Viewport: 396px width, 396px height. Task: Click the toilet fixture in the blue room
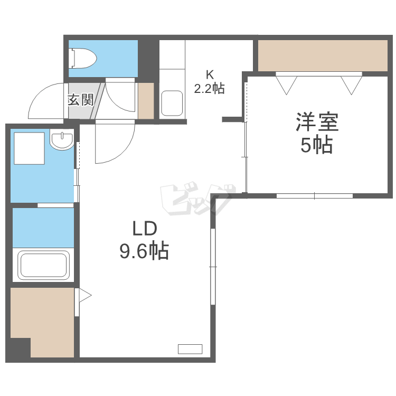83,58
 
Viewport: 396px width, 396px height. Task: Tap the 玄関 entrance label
81,100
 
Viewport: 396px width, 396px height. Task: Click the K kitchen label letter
210,74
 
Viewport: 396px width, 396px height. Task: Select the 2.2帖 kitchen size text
209,88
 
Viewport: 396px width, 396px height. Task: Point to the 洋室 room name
317,122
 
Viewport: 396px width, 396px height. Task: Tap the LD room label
145,228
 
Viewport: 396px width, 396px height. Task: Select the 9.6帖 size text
144,251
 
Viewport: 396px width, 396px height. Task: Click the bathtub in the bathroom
44,265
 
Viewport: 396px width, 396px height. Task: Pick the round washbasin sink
62,140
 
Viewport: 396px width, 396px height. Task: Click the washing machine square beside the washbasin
29,148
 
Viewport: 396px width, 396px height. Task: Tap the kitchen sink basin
172,103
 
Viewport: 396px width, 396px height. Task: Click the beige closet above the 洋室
323,55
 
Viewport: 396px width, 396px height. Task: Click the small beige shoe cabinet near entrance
146,101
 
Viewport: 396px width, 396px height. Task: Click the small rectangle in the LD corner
190,349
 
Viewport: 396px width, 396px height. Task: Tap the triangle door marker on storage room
85,295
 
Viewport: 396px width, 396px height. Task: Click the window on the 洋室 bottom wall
315,196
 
